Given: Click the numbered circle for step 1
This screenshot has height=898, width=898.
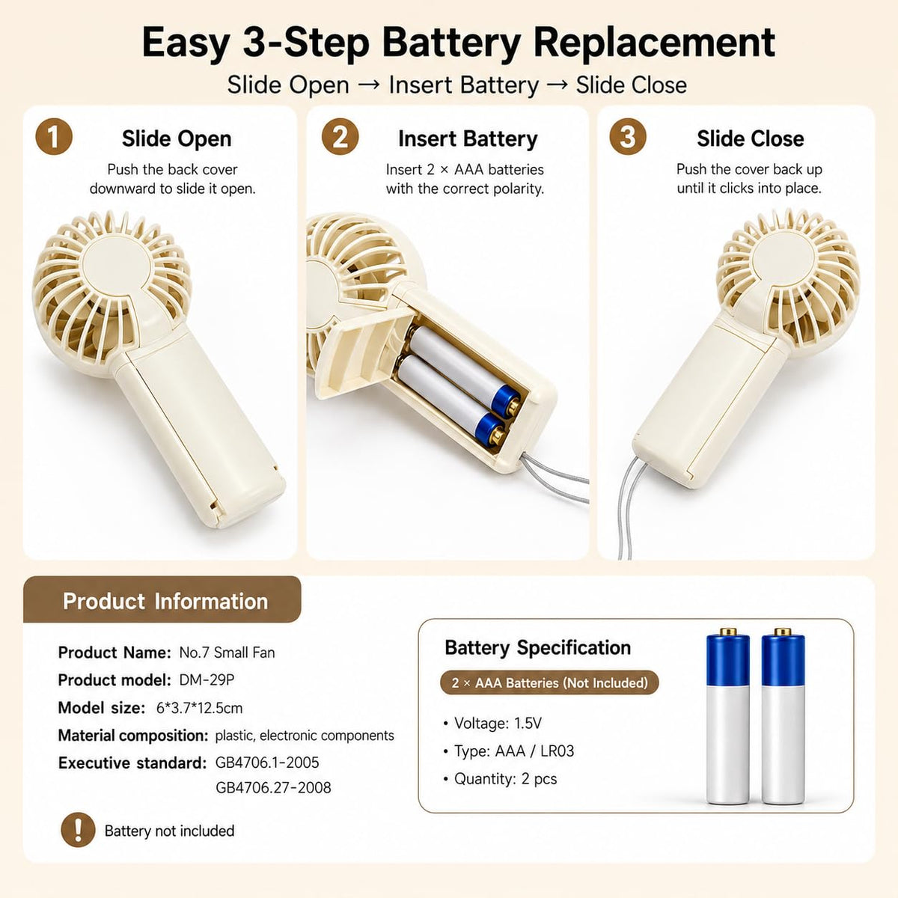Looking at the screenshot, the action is click(54, 137).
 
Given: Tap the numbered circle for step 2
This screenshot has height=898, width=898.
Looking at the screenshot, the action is click(340, 137).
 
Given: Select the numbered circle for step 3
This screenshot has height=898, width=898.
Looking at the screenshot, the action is click(628, 137).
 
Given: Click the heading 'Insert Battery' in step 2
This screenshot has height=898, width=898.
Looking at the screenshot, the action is click(468, 139).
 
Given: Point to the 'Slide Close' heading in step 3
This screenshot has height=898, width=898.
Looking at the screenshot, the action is click(751, 139).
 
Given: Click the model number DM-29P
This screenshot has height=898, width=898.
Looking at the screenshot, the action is click(207, 680).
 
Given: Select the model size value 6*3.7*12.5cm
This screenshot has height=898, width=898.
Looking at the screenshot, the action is click(200, 708).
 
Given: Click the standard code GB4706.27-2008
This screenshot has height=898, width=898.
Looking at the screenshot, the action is click(273, 787).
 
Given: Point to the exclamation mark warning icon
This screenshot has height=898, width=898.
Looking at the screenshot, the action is click(78, 830).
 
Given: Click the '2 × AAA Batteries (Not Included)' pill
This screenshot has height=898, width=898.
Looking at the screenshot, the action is click(549, 682).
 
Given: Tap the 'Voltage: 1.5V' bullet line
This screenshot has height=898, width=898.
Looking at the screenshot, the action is click(492, 723).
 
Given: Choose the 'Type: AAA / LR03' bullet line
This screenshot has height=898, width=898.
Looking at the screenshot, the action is click(508, 751).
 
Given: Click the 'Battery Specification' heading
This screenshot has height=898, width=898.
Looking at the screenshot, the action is click(538, 648).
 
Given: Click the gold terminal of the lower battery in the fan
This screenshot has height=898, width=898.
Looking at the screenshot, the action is click(498, 435).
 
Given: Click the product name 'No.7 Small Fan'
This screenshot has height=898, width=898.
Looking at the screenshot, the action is click(227, 653).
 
